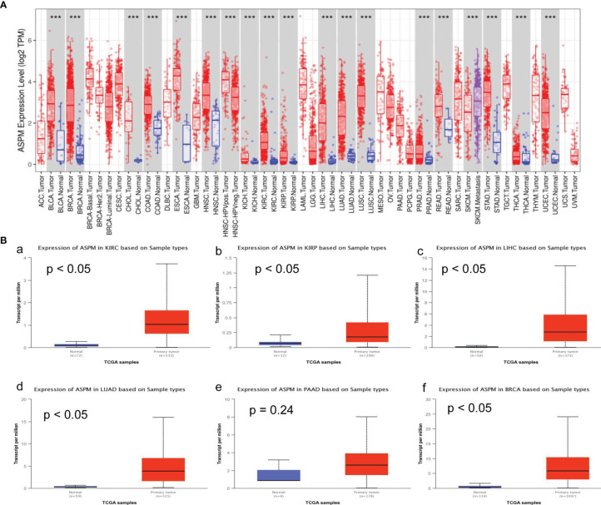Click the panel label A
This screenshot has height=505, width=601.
(x=6, y=5)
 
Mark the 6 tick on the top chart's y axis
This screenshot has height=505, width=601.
(x=27, y=40)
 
